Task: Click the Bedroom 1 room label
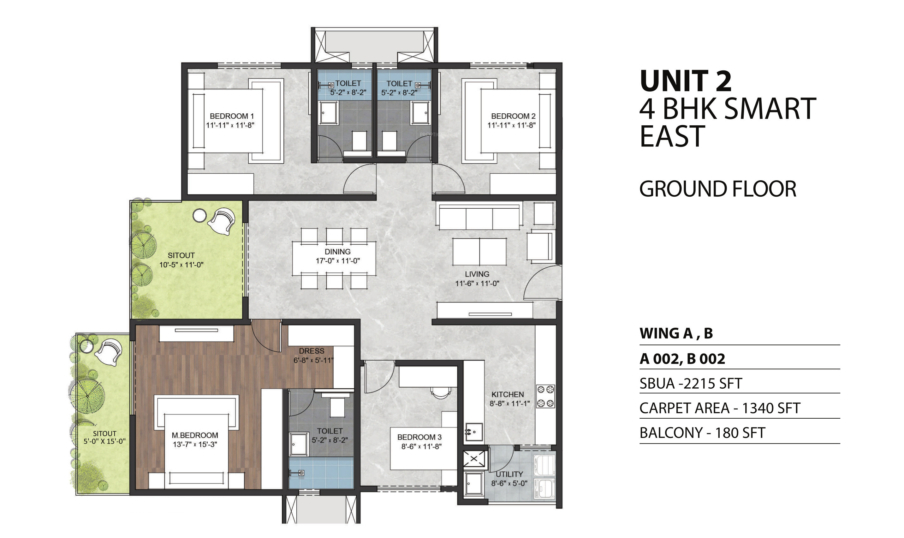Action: click(232, 116)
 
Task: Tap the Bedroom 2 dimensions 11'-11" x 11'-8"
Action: click(511, 125)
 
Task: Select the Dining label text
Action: click(337, 252)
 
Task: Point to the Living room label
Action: click(477, 274)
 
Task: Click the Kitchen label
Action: click(507, 394)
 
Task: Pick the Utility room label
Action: click(509, 474)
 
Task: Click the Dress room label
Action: click(311, 351)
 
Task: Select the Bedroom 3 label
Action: click(419, 437)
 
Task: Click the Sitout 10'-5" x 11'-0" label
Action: click(181, 260)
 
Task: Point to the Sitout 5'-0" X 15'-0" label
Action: click(104, 437)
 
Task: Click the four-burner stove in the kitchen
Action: click(545, 397)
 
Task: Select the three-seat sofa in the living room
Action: click(479, 217)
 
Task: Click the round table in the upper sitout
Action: click(199, 216)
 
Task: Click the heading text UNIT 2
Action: click(686, 81)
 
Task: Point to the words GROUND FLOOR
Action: click(717, 189)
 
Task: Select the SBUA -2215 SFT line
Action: click(691, 384)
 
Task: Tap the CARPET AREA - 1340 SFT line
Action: click(720, 408)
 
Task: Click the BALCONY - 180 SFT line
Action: click(702, 433)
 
